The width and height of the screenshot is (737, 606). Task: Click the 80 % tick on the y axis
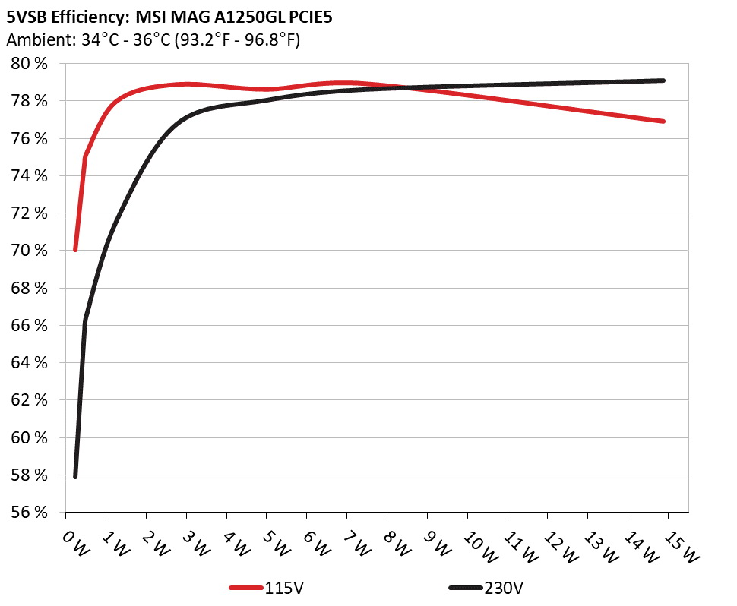click(x=30, y=64)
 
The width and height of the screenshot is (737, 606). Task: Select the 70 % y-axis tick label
click(x=30, y=251)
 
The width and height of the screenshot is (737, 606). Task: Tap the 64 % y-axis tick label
click(x=30, y=363)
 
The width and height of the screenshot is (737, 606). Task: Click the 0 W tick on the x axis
click(x=76, y=540)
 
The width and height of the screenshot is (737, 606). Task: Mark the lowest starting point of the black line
click(x=75, y=476)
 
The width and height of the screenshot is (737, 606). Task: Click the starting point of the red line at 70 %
click(x=75, y=250)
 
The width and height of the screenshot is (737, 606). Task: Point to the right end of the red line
click(x=663, y=121)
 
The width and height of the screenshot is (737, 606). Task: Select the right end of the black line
click(x=663, y=80)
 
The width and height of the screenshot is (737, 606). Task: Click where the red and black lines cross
click(x=405, y=88)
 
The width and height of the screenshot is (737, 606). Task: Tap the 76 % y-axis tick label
click(x=30, y=139)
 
